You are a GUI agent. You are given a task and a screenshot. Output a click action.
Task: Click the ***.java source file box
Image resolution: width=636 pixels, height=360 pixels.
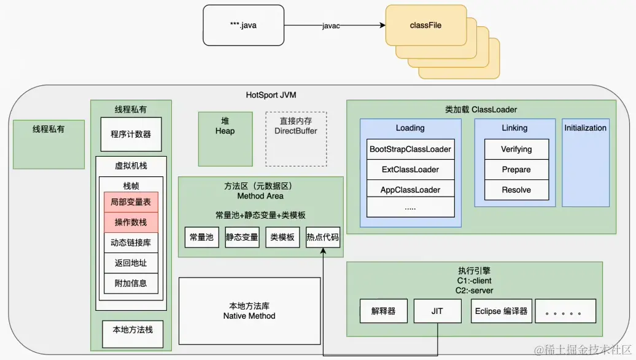(243, 26)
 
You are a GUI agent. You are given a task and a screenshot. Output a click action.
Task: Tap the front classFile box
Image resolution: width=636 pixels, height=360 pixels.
(425, 26)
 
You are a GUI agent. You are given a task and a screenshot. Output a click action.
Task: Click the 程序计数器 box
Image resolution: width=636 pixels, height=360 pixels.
(131, 134)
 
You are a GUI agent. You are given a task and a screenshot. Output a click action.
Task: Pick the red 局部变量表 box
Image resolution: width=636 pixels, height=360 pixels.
(131, 202)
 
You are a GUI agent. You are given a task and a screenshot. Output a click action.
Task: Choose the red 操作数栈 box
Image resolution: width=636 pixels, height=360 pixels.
(131, 222)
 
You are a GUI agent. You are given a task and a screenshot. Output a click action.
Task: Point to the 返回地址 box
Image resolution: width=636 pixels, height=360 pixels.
(131, 263)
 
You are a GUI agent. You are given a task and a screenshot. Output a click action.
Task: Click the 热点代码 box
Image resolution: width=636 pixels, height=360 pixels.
(323, 237)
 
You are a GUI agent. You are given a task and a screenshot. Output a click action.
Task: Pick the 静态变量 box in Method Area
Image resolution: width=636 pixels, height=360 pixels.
(242, 237)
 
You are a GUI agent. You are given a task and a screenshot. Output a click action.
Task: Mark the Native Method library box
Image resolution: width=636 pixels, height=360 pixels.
(249, 311)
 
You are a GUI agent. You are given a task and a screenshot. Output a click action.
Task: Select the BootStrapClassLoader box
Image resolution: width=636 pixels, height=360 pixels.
(410, 149)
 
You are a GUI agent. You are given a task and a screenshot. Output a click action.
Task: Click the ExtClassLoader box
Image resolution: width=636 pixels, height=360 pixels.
(410, 170)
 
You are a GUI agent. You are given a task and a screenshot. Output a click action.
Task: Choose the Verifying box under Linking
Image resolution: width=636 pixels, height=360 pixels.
(516, 149)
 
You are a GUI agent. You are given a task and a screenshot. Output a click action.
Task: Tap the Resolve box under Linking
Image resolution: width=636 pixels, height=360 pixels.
(516, 190)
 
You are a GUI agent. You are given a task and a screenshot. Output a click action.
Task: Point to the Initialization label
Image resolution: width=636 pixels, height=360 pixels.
(585, 128)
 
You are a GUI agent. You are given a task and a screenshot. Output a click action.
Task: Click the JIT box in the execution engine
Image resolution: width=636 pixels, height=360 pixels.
(437, 311)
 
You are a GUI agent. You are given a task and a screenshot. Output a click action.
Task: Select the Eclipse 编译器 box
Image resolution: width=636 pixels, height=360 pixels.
(502, 311)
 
